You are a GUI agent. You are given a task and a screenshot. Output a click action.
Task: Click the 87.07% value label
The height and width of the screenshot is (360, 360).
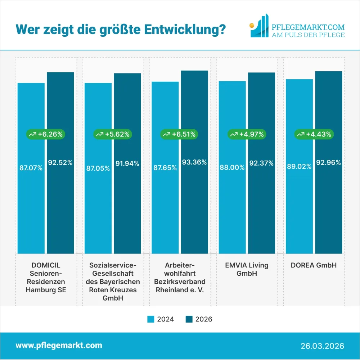(31, 168)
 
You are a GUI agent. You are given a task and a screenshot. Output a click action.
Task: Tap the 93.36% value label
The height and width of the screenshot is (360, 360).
(194, 162)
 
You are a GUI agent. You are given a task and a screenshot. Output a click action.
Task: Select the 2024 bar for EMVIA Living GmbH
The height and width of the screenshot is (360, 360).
(232, 209)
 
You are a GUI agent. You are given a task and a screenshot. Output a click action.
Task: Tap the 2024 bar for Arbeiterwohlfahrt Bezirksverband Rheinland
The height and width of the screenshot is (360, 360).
(165, 209)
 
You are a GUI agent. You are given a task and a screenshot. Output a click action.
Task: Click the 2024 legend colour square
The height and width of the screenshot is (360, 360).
(151, 319)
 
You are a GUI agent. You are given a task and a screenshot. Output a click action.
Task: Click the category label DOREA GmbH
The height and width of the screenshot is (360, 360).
(314, 266)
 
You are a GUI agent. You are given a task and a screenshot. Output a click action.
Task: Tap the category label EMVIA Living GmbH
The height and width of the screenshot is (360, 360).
(247, 270)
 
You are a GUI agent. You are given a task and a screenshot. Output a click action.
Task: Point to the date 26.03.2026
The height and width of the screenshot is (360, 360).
(322, 346)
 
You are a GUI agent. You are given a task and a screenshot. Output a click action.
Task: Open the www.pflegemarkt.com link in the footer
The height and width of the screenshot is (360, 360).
(59, 346)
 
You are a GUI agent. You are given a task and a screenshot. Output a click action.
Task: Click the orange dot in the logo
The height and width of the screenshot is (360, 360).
(252, 25)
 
